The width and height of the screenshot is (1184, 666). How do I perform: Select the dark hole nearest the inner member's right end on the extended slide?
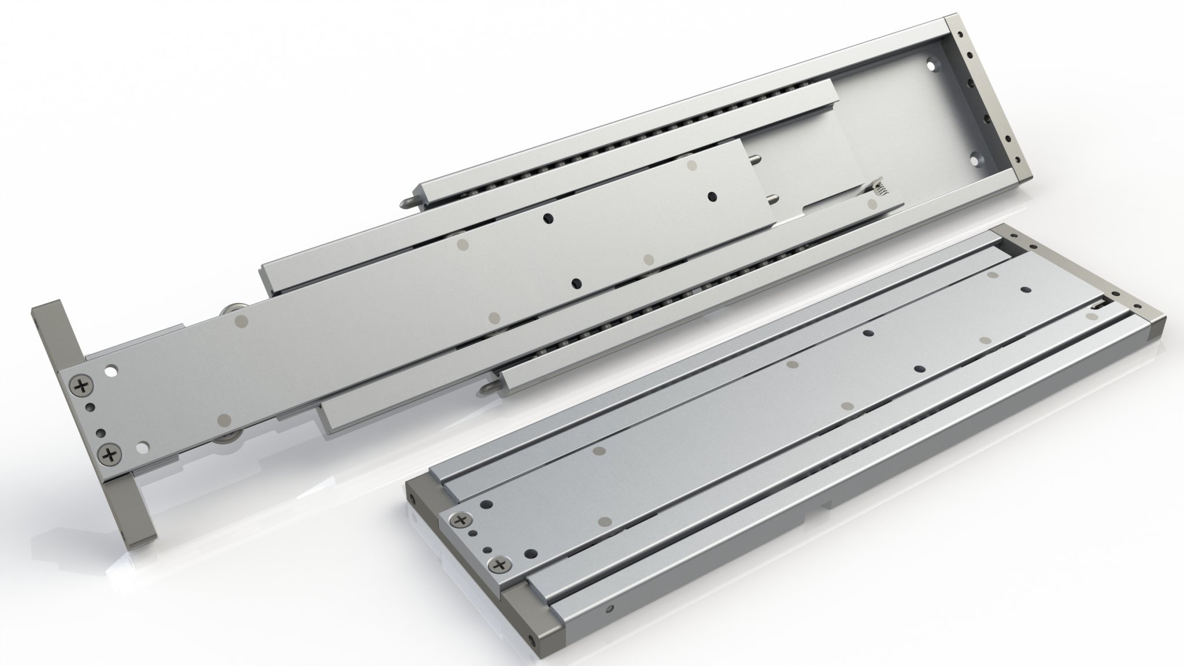tap(711, 197)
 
